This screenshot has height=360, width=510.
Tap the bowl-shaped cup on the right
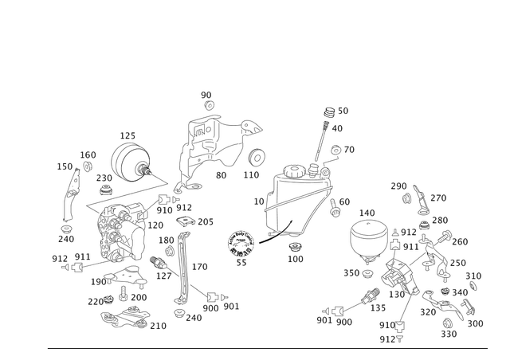pos(368,239)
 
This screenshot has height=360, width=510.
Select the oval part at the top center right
pos(251,127)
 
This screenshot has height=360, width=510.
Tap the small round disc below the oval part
pos(255,155)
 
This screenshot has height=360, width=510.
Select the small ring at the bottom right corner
pos(448,323)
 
